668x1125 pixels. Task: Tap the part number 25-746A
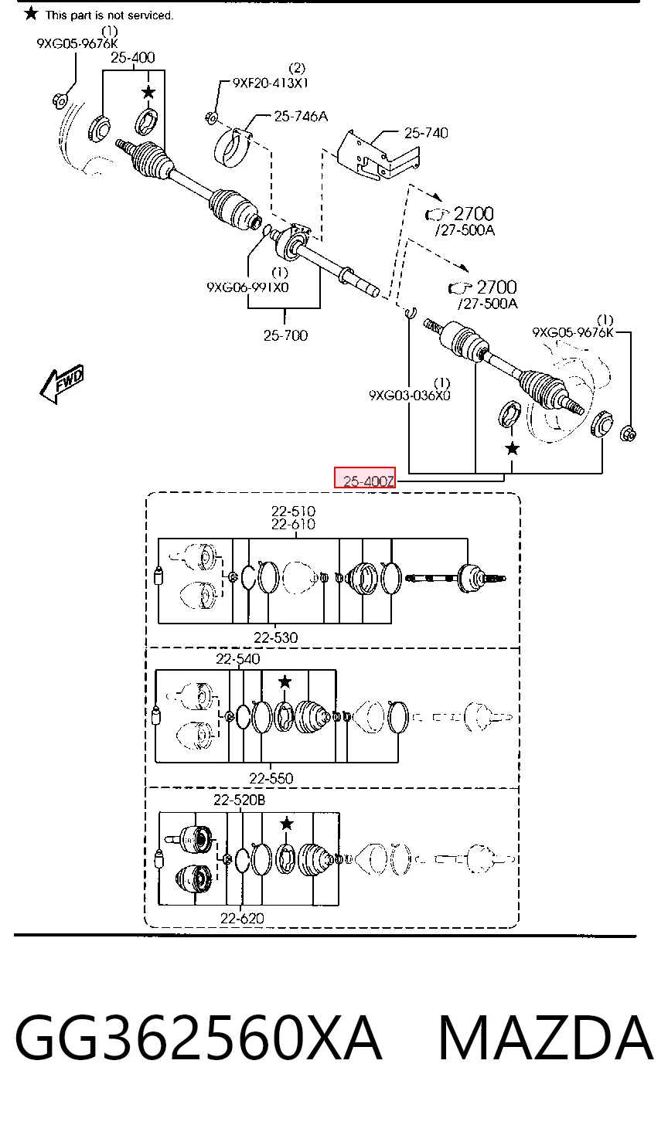(301, 117)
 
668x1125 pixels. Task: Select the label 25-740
(426, 133)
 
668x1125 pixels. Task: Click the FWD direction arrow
(63, 383)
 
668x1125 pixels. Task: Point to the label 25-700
(285, 335)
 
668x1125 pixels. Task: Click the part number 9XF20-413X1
(271, 83)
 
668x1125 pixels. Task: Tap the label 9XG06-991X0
(248, 287)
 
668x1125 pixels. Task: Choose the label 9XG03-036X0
(410, 396)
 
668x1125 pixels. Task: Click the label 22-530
(275, 637)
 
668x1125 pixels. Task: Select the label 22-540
(238, 658)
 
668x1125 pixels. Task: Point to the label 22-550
(271, 778)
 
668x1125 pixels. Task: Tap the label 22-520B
(239, 800)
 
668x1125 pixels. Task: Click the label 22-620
(242, 918)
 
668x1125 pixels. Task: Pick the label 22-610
(294, 525)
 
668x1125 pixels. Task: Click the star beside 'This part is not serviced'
(31, 14)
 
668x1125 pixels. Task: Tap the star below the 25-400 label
(148, 93)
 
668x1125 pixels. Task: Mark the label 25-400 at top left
(133, 58)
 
